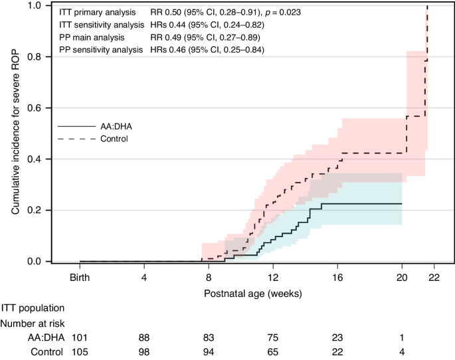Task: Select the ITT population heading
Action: pyautogui.click(x=33, y=308)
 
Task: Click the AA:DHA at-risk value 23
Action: pyautogui.click(x=337, y=337)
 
